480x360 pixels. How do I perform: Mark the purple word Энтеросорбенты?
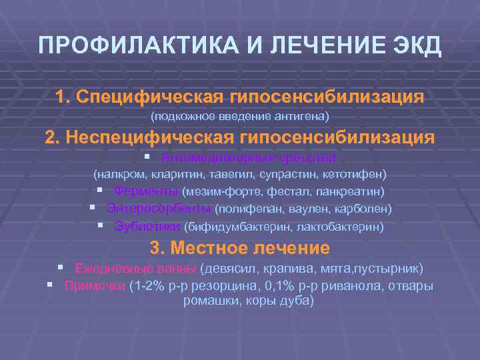tap(159, 209)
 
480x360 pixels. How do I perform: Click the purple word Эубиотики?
tap(147, 226)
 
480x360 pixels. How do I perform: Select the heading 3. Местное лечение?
tap(240, 248)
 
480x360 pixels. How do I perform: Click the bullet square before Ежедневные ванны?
tap(60, 268)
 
